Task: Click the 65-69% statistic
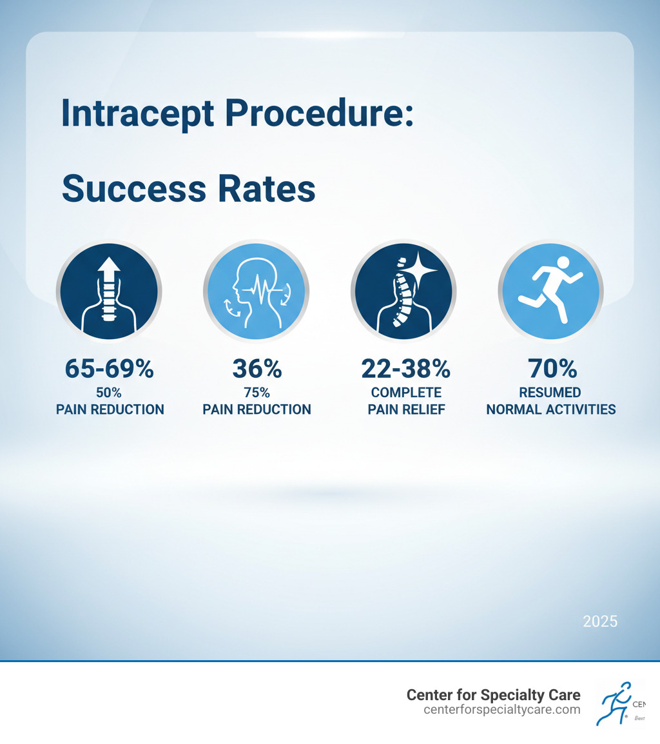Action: click(110, 369)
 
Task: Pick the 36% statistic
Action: click(257, 369)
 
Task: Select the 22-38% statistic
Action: click(405, 369)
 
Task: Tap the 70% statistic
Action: click(552, 369)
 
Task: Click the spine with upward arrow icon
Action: click(109, 292)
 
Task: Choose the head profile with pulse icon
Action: click(257, 292)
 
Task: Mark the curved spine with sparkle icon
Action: click(404, 292)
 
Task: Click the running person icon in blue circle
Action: click(552, 292)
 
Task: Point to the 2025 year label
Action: click(599, 622)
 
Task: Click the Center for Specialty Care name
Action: click(493, 695)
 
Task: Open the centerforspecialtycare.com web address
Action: click(502, 710)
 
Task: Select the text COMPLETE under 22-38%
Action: click(406, 393)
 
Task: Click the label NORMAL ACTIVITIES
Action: click(551, 409)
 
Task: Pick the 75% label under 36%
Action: click(257, 393)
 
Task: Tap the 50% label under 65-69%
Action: click(110, 393)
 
